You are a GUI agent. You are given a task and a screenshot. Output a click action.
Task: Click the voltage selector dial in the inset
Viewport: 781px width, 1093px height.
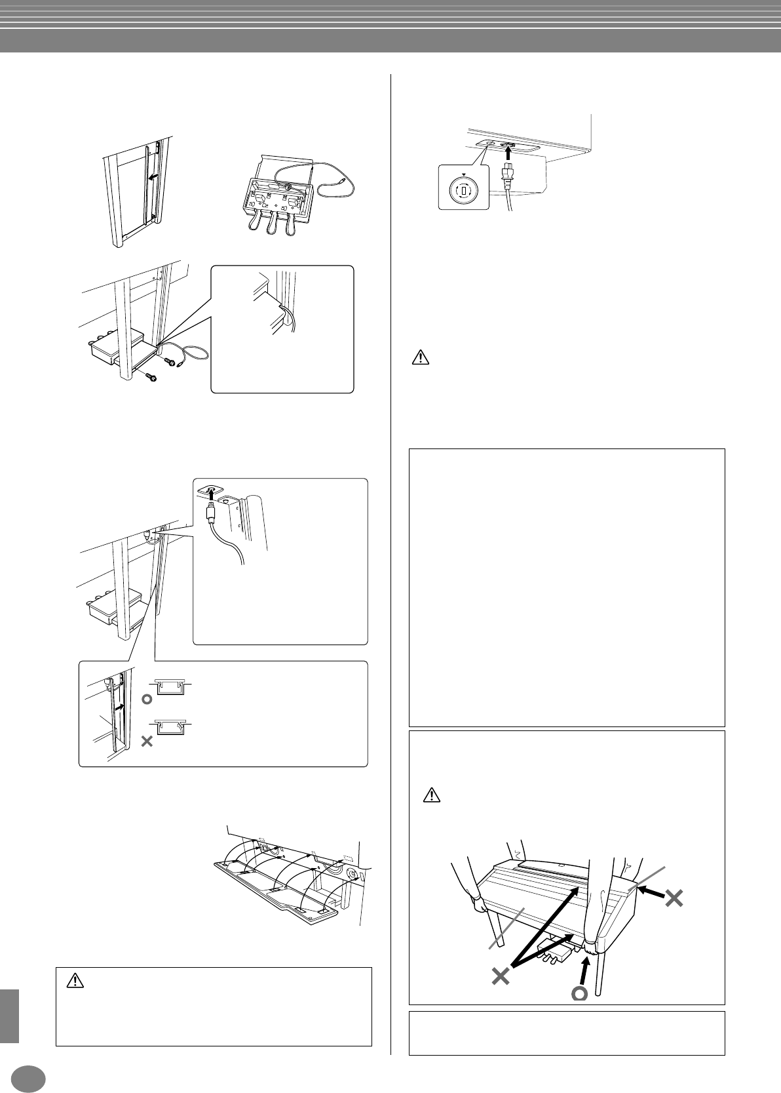point(463,191)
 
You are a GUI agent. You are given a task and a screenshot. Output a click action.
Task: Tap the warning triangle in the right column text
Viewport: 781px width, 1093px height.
point(420,357)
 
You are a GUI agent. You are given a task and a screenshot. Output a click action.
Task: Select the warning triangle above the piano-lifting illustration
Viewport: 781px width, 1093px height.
point(430,795)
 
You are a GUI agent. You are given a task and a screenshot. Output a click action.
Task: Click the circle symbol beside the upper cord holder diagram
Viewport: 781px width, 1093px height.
point(147,699)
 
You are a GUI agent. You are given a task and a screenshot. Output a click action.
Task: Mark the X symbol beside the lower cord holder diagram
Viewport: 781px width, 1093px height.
point(147,742)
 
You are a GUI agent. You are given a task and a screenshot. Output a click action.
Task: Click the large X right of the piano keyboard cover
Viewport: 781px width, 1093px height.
point(673,898)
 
